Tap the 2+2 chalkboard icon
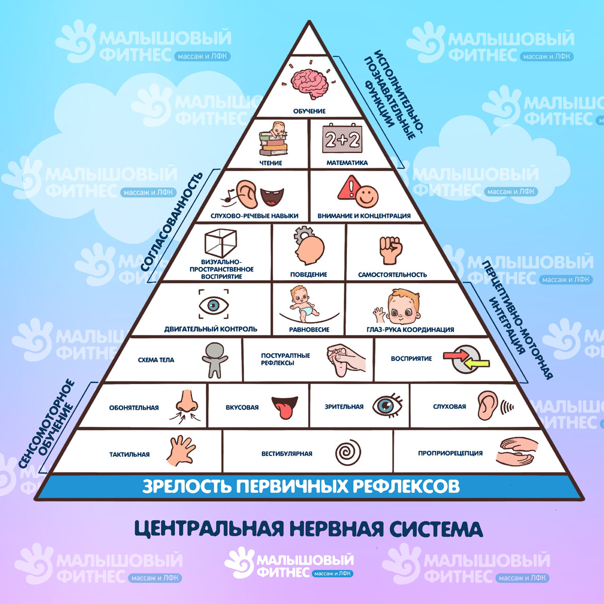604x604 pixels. coord(342,139)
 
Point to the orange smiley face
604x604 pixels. coord(367,196)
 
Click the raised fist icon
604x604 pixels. coord(391,250)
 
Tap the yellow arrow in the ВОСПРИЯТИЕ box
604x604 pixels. coord(476,363)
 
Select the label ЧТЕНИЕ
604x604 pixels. coord(271,163)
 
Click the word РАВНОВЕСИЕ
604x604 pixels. coord(309,330)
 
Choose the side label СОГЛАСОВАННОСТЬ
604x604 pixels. coord(172,221)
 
